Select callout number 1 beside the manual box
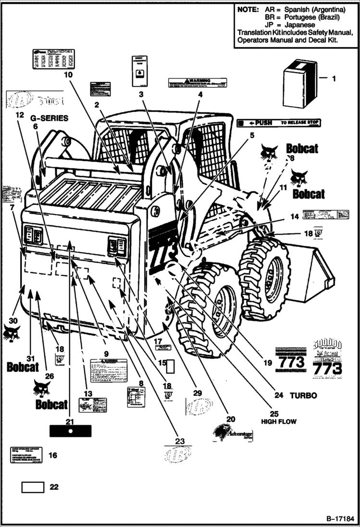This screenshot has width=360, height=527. pos(335,77)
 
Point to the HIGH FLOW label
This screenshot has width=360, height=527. pos(279,421)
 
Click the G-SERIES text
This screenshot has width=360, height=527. pos(50,118)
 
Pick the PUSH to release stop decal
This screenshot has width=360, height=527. pos(279,123)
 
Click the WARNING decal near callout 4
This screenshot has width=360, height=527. pos(197,83)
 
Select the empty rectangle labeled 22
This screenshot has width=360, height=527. pos(33,488)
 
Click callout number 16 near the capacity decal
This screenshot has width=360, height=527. pos(53,455)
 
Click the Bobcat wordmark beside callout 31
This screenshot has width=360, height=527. pos(23,367)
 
